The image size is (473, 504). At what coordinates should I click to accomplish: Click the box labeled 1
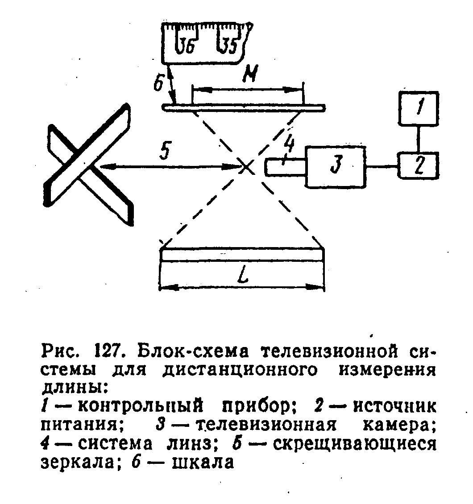[418, 109]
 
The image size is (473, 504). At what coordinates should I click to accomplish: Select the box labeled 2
[418, 165]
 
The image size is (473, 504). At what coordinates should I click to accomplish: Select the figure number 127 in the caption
[106, 351]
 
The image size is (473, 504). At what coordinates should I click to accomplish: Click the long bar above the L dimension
[242, 254]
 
